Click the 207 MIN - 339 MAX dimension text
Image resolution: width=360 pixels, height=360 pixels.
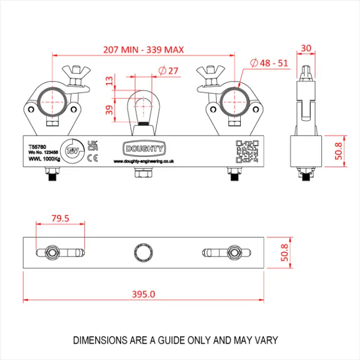point(143,49)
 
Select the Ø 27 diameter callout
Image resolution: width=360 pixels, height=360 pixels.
point(169,71)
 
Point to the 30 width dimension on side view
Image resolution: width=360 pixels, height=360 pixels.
point(307,49)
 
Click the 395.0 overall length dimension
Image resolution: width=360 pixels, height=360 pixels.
point(143,294)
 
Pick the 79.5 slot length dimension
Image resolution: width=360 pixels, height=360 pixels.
point(59,218)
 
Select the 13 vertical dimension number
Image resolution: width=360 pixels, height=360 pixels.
point(109,83)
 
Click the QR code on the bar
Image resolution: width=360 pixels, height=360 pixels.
point(246,151)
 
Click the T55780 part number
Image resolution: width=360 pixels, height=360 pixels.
point(38,144)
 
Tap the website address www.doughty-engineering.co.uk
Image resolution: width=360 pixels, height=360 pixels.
point(143,161)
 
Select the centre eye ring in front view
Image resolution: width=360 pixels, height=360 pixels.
point(143,107)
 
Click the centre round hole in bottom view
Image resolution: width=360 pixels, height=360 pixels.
point(143,251)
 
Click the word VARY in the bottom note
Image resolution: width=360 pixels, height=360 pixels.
point(266,341)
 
